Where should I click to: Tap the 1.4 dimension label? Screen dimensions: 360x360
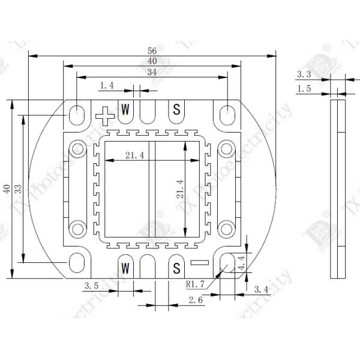click(107, 86)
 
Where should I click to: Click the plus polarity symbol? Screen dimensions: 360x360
click(105, 113)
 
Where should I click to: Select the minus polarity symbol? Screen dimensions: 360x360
click(198, 262)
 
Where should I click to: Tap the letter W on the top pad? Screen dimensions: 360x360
click(125, 109)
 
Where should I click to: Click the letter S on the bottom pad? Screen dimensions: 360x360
click(176, 266)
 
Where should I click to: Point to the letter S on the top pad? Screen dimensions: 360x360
click(176, 109)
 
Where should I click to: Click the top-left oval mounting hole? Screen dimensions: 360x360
click(77, 113)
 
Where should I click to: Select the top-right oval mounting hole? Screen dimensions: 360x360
click(227, 113)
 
